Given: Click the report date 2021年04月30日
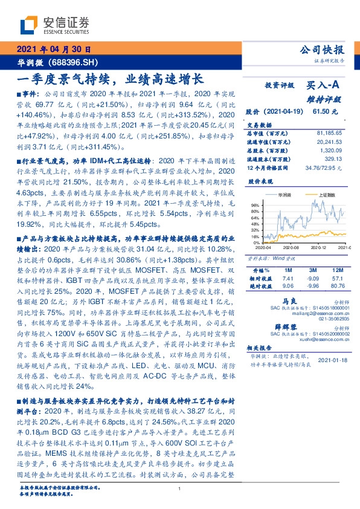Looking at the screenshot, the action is click(x=53, y=50).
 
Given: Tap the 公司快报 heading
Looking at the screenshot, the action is click(x=325, y=50).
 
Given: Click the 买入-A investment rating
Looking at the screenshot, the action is click(x=325, y=86).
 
